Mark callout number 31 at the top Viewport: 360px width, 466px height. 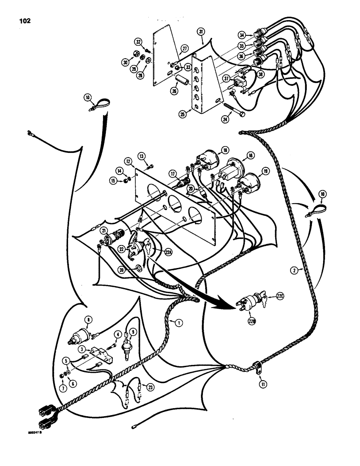point(201,31)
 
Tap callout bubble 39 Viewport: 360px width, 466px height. point(137,269)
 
